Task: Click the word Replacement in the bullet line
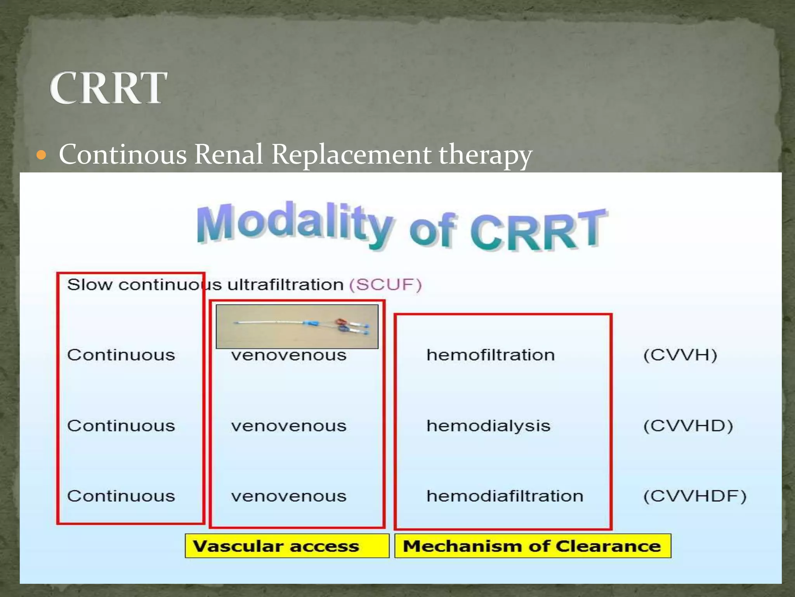click(351, 154)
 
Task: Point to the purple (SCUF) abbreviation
click(385, 285)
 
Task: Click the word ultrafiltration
click(285, 285)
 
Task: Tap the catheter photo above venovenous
click(297, 326)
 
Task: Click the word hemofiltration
click(490, 355)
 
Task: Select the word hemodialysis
click(488, 426)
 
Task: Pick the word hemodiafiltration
click(505, 496)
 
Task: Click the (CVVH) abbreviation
click(680, 355)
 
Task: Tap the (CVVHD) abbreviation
click(688, 426)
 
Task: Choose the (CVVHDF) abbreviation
click(694, 496)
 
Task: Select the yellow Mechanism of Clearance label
click(532, 546)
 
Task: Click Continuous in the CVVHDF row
click(121, 496)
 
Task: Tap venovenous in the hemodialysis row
click(288, 426)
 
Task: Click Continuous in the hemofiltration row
click(121, 355)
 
